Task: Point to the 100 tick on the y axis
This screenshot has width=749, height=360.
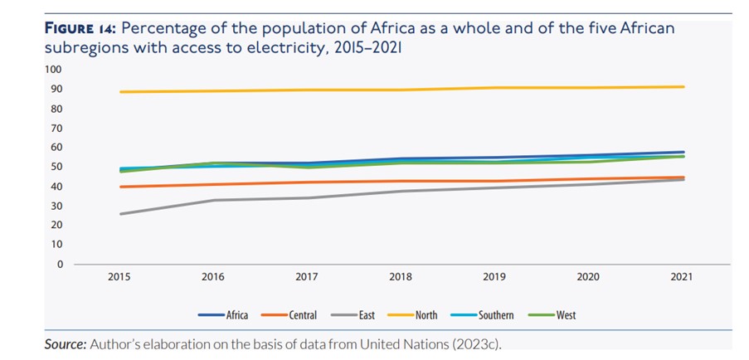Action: click(x=56, y=70)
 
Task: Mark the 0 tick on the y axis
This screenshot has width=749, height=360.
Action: click(x=61, y=265)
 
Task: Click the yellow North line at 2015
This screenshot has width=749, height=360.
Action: click(x=121, y=91)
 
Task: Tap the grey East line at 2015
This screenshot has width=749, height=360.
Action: click(x=121, y=214)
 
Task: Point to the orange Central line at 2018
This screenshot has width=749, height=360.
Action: click(x=401, y=181)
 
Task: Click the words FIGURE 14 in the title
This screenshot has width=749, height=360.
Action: click(x=80, y=28)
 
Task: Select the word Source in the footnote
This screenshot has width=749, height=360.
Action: click(x=65, y=343)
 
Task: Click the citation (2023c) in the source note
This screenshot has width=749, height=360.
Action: click(x=475, y=343)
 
